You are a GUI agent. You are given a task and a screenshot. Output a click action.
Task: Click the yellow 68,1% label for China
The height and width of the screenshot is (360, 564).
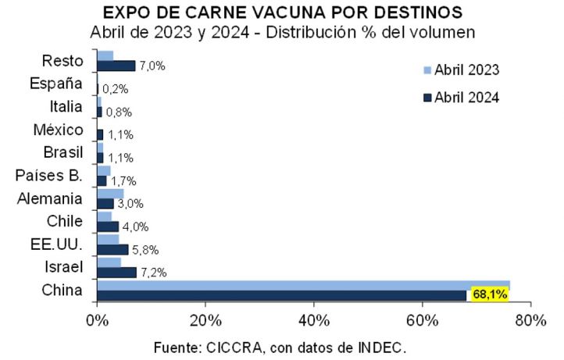point(488,294)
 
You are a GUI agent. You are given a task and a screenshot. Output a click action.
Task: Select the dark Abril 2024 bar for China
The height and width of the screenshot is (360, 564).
point(281,295)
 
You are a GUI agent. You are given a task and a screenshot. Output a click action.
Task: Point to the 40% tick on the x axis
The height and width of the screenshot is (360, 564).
point(313,320)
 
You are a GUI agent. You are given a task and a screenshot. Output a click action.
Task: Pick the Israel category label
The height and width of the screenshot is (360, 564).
point(65,268)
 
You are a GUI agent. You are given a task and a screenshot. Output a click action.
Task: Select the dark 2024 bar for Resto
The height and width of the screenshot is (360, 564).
point(116,66)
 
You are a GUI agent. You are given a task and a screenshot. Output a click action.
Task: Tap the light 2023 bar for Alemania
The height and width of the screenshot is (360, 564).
point(109,193)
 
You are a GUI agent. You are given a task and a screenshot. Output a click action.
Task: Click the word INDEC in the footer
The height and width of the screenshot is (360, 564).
point(383,345)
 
